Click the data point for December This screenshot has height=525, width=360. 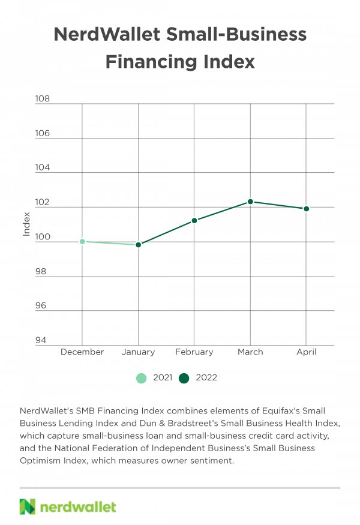pos(82,241)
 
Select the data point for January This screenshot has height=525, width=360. pos(138,245)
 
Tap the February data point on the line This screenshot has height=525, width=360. pos(194,220)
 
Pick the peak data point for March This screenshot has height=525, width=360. pos(250,202)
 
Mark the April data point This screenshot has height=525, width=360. pos(306,209)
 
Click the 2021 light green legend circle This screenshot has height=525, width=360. pos(142,378)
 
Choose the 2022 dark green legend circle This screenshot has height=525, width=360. pos(184,378)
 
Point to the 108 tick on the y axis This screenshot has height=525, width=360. pos(43,99)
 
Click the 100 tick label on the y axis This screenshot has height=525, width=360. pos(43,237)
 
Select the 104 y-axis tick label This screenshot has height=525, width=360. pos(43,168)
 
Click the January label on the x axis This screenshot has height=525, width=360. pos(138,352)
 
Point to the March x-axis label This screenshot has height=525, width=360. pos(250,352)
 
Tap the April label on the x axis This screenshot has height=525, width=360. pos(306,352)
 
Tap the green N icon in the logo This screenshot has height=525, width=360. pos(28,506)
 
